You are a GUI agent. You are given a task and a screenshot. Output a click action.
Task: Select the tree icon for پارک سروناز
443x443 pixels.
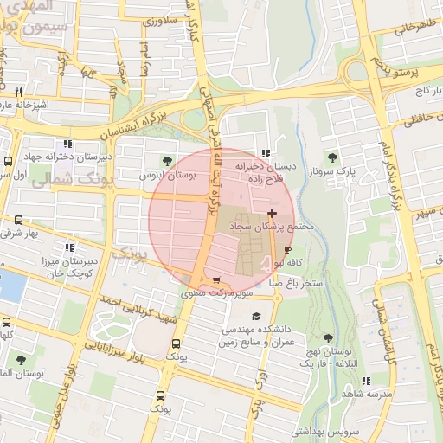point(332,157)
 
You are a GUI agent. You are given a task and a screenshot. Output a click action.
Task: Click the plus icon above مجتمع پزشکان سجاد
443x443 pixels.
point(273,213)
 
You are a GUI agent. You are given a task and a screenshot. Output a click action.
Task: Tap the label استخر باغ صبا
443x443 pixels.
point(297,283)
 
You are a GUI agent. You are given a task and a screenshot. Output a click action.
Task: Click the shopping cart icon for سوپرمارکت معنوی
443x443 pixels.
point(216,280)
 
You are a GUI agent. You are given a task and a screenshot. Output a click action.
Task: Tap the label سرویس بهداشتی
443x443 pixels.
point(322,430)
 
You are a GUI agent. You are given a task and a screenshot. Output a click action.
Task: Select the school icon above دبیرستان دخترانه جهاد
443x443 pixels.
point(67,144)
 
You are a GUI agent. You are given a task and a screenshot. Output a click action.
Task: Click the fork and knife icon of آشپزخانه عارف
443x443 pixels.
point(17,92)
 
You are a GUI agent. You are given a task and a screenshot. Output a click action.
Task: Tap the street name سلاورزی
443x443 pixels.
point(160,21)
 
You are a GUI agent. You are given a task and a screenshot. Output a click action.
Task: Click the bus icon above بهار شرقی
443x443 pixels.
point(19,221)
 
